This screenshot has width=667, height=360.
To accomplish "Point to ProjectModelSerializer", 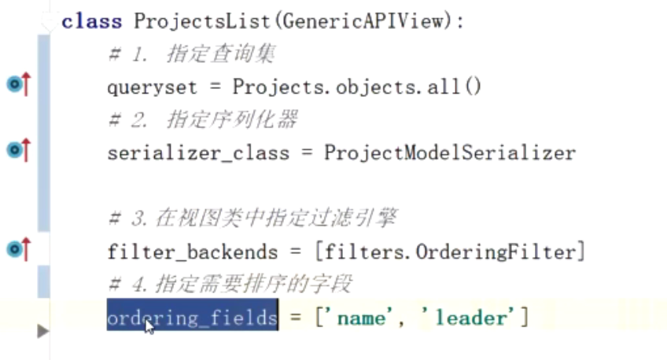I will pyautogui.click(x=449, y=152).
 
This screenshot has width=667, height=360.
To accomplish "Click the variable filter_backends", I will pyautogui.click(x=192, y=252).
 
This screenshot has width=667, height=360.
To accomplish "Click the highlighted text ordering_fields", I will pyautogui.click(x=192, y=318).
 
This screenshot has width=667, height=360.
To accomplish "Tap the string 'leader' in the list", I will pyautogui.click(x=470, y=318).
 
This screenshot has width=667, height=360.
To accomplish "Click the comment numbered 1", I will pyautogui.click(x=191, y=54).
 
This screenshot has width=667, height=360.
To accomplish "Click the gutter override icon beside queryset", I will pyautogui.click(x=17, y=83).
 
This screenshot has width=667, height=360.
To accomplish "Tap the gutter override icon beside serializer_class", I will pyautogui.click(x=17, y=149).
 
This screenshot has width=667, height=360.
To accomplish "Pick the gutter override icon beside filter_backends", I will pyautogui.click(x=17, y=250).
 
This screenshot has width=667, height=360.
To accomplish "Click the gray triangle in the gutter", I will pyautogui.click(x=42, y=332).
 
